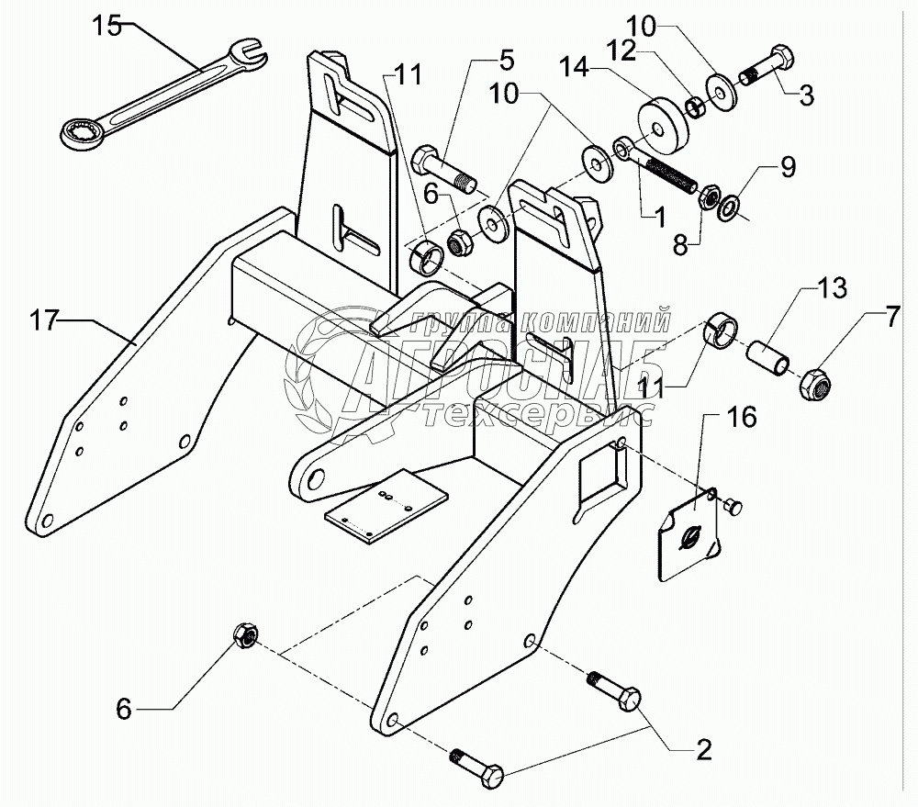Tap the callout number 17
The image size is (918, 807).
click(44, 322)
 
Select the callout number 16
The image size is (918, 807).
click(743, 420)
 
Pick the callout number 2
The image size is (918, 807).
click(703, 751)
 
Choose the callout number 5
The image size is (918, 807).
click(507, 64)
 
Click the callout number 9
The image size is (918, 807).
click(789, 167)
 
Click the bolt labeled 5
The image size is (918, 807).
click(445, 174)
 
